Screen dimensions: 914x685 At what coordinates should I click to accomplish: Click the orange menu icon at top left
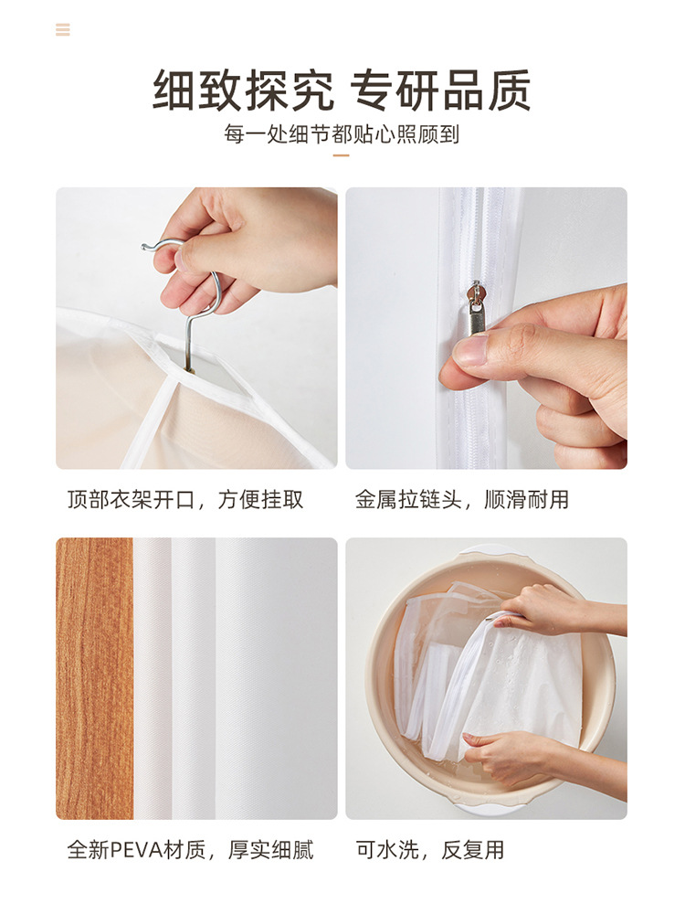[62, 30]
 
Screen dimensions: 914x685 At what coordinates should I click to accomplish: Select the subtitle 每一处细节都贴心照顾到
[342, 134]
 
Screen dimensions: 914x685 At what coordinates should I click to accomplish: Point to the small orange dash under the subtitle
[342, 155]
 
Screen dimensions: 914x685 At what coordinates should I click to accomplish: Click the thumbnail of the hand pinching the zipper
[486, 328]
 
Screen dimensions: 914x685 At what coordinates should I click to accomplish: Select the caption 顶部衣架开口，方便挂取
[185, 500]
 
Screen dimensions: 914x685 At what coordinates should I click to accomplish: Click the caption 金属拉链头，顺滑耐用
[462, 500]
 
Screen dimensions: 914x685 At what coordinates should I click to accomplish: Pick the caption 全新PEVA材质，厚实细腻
[190, 850]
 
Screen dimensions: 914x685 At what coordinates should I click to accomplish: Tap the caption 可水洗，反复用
[430, 850]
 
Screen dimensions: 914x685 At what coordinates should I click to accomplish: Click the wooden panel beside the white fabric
[94, 678]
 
